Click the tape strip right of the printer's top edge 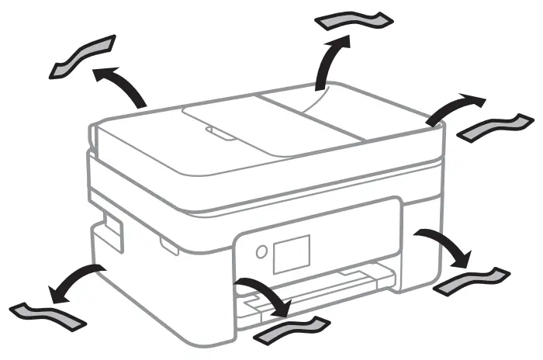[497, 127]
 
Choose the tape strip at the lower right [472, 280]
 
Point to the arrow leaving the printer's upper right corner [454, 107]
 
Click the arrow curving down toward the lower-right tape [445, 244]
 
